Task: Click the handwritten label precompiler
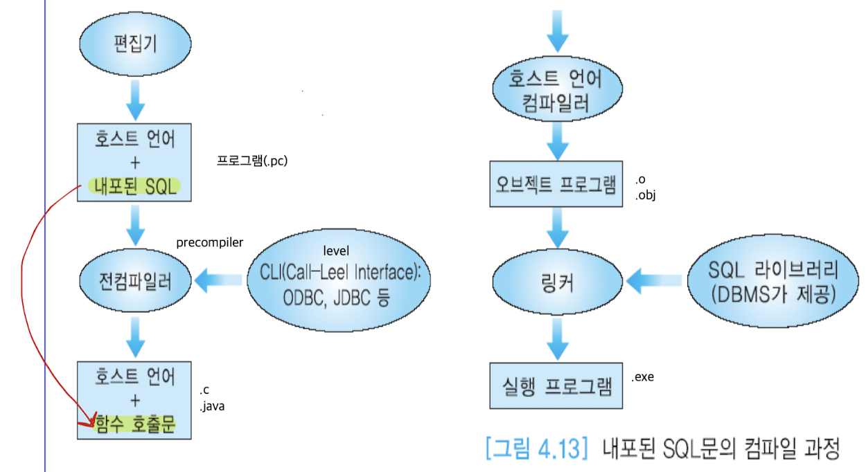pyautogui.click(x=210, y=243)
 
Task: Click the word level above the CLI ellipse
pyautogui.click(x=337, y=250)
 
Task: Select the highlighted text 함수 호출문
pyautogui.click(x=134, y=425)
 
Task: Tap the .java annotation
pyautogui.click(x=212, y=406)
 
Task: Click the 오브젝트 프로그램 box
pyautogui.click(x=556, y=185)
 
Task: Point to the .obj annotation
pyautogui.click(x=645, y=195)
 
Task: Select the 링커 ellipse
pyautogui.click(x=556, y=281)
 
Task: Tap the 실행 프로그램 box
pyautogui.click(x=556, y=385)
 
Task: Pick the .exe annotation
pyautogui.click(x=642, y=377)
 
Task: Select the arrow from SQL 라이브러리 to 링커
pyautogui.click(x=656, y=280)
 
